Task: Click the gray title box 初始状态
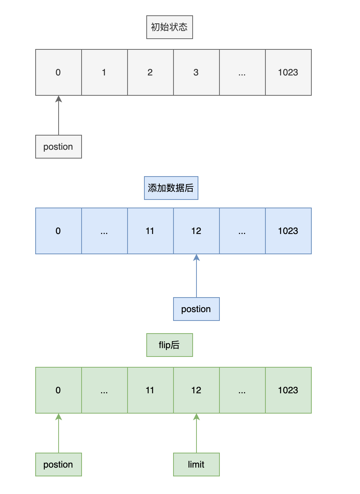click(x=169, y=27)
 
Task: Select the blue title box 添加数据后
click(x=171, y=188)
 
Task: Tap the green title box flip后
click(x=169, y=345)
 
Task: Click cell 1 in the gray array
click(x=104, y=72)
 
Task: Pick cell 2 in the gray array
click(x=150, y=72)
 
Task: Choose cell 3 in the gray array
click(x=196, y=72)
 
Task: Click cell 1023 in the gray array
click(x=288, y=72)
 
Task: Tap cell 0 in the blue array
click(x=59, y=231)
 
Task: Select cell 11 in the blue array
click(x=150, y=231)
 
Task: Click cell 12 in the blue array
click(x=196, y=231)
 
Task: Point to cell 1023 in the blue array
click(x=288, y=231)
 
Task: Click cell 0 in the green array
click(x=59, y=390)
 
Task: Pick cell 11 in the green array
click(x=150, y=390)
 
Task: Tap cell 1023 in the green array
click(x=288, y=390)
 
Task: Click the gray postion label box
click(x=59, y=147)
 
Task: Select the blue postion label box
click(x=196, y=309)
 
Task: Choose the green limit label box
click(x=196, y=465)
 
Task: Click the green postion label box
click(x=59, y=465)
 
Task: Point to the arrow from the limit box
click(x=196, y=433)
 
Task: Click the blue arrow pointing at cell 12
click(x=196, y=276)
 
